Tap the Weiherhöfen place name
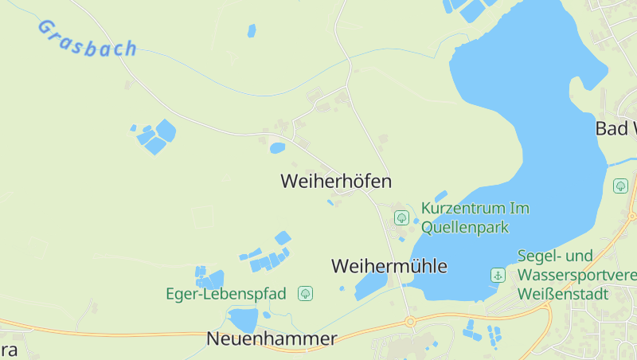[x=336, y=182]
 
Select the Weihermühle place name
[x=389, y=266]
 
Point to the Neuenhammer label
[x=272, y=338]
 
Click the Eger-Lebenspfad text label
[x=225, y=294]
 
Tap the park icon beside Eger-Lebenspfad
[x=305, y=294]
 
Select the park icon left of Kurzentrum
[x=402, y=217]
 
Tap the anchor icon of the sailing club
[x=498, y=275]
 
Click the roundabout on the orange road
[x=411, y=322]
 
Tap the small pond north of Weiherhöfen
[x=277, y=148]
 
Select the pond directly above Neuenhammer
[x=244, y=319]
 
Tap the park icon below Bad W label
[x=621, y=186]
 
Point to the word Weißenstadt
[x=562, y=294]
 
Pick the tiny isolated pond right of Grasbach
[x=252, y=31]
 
